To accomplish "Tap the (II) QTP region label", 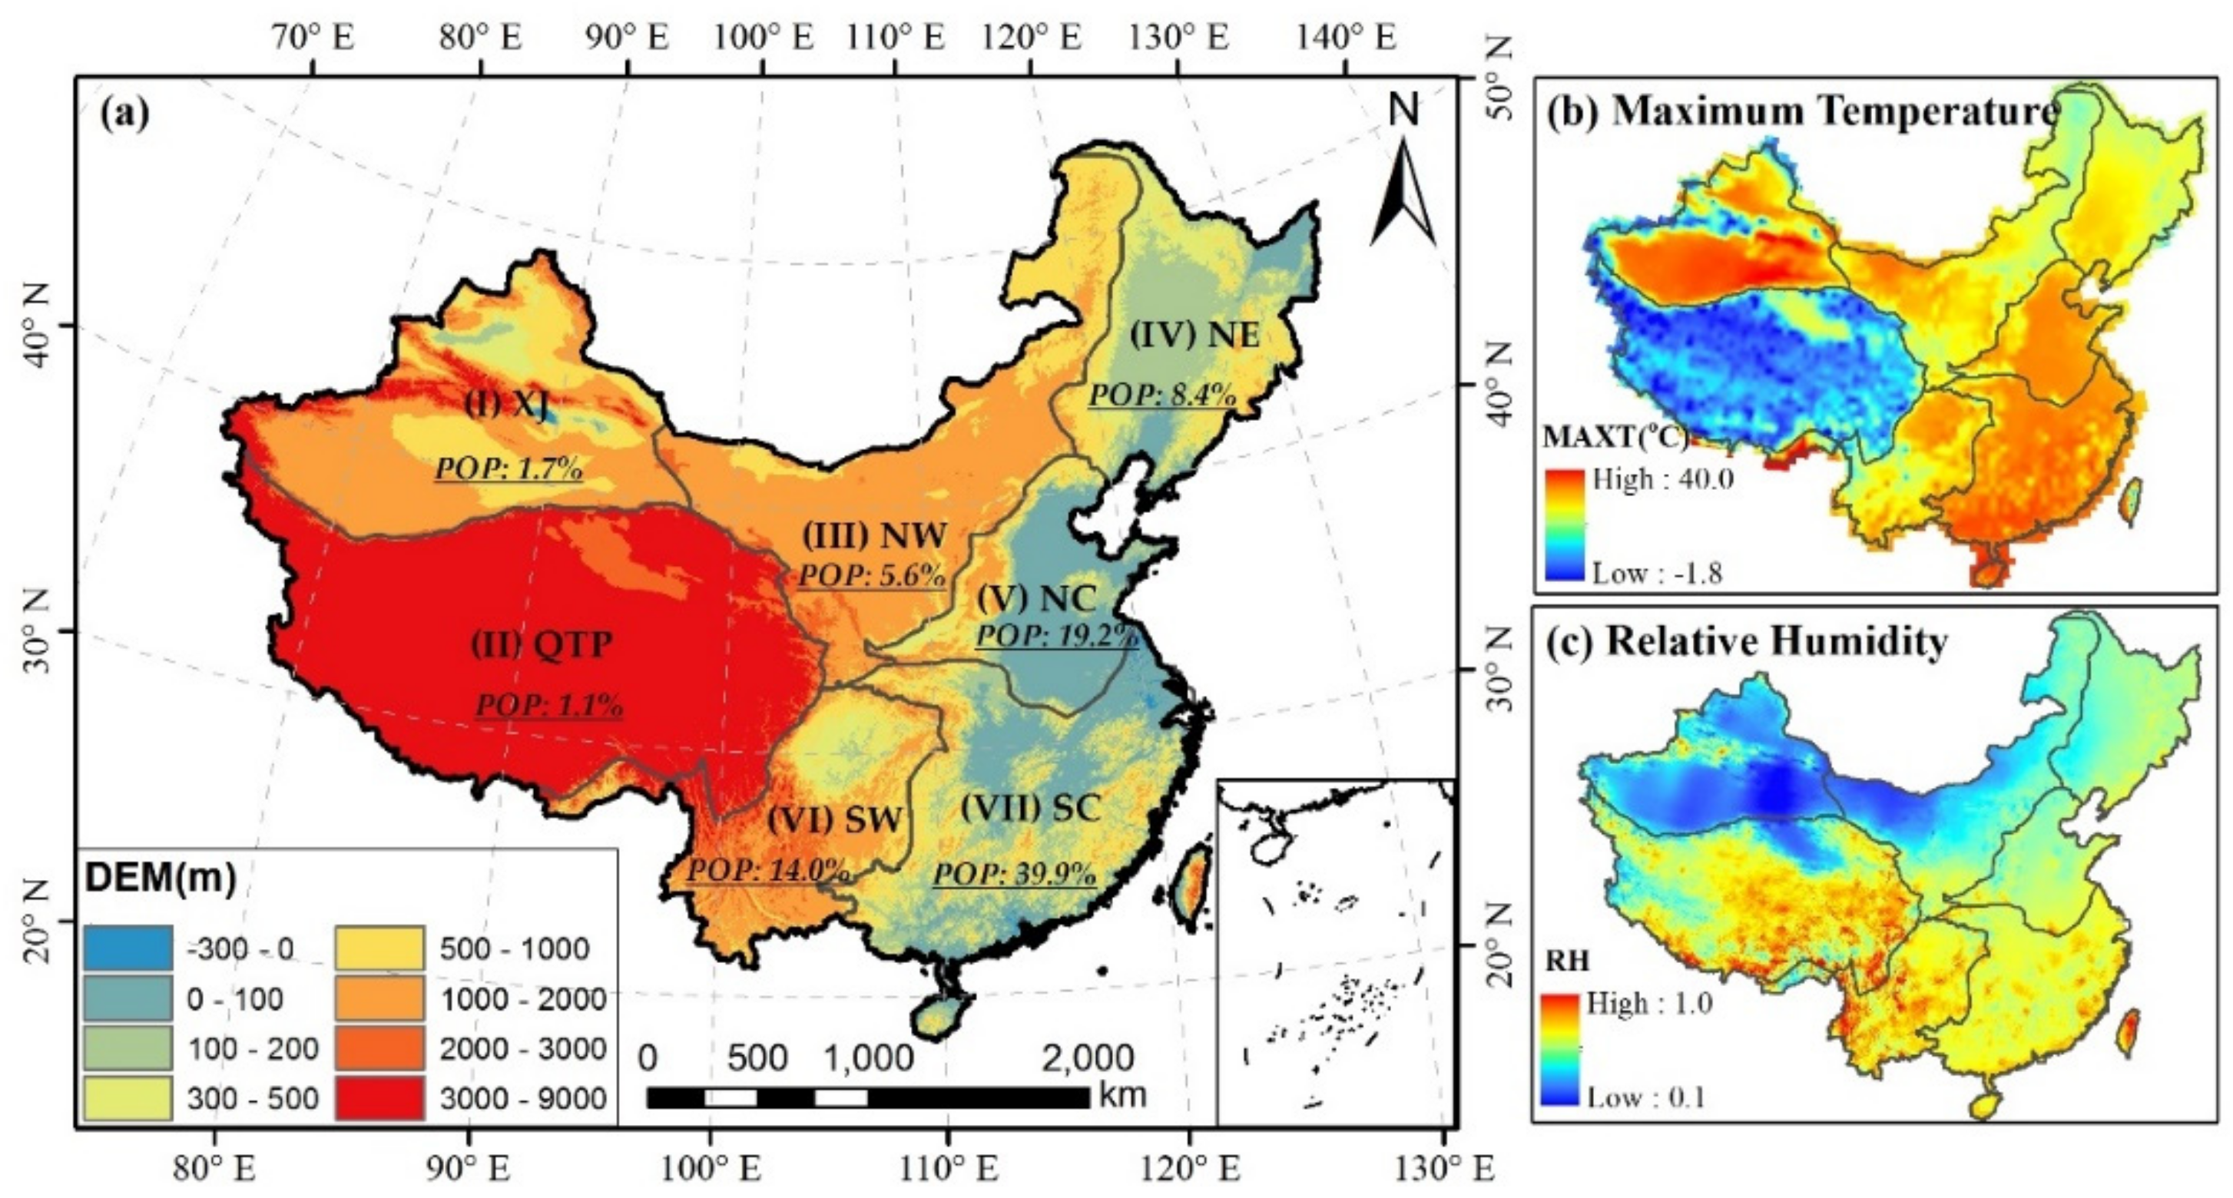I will click(x=542, y=645).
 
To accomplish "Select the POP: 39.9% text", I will click(x=1014, y=874).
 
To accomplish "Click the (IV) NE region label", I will click(x=1194, y=336).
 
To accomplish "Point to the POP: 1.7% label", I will click(x=508, y=469).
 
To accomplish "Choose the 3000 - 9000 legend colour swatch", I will click(x=380, y=1098).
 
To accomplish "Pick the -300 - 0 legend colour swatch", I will click(x=128, y=948).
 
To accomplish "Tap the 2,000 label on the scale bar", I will click(x=1087, y=1058).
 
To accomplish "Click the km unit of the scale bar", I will click(x=1122, y=1095).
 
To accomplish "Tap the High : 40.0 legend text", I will click(x=1662, y=479).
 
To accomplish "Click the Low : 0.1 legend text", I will click(x=1646, y=1097).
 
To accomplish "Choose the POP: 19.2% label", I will click(x=1057, y=635).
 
